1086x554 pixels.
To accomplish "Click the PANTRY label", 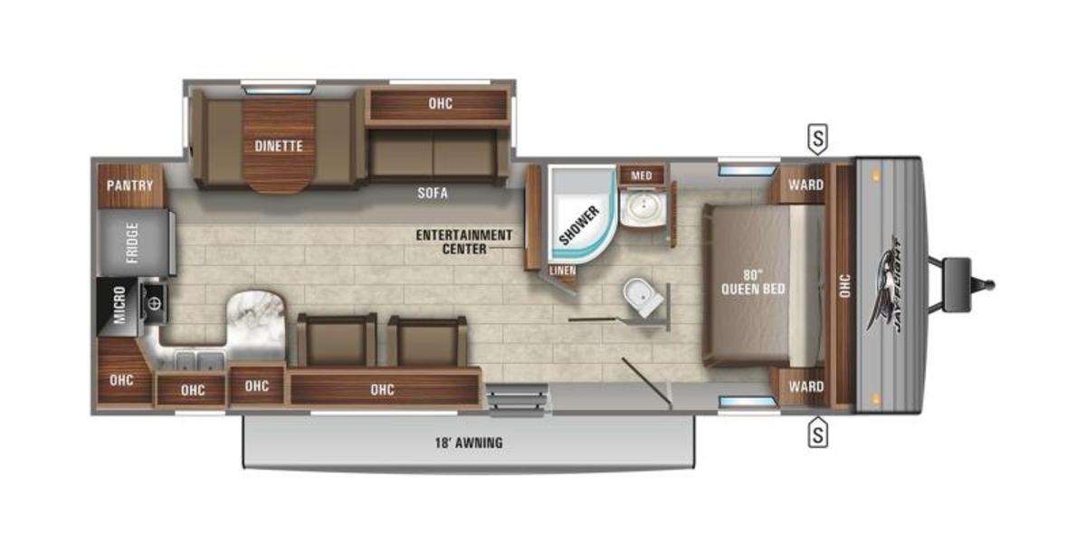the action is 130,186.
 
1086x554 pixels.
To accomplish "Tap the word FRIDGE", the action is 132,243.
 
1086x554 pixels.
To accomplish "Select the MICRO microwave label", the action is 119,305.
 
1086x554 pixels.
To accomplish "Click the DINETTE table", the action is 279,146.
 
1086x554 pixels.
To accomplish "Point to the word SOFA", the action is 433,193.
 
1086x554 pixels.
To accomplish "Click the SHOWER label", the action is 579,225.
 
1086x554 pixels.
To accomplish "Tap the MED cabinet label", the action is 642,176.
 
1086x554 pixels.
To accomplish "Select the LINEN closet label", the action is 563,271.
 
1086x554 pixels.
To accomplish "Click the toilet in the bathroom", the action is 643,297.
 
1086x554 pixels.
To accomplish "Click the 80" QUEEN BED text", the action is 753,282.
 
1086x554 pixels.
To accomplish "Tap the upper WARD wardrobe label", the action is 805,185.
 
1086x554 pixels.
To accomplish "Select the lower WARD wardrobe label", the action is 805,387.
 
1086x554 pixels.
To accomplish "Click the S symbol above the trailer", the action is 818,139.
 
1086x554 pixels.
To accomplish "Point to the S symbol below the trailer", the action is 818,433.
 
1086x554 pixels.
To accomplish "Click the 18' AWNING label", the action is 469,443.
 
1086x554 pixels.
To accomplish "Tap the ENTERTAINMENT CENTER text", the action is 464,242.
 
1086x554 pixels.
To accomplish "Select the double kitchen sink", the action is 200,361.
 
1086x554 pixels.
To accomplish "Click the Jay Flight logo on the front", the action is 885,285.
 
